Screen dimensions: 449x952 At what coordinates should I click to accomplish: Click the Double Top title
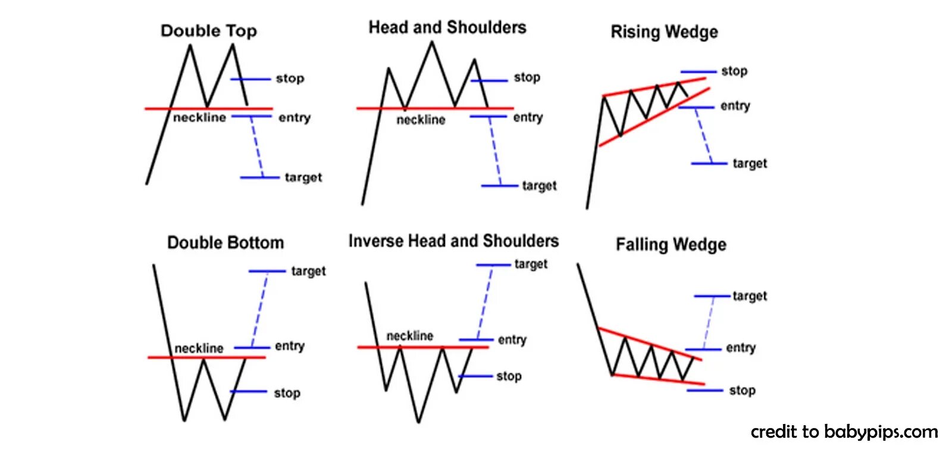(208, 31)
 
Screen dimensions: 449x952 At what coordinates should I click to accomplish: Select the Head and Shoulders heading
(447, 27)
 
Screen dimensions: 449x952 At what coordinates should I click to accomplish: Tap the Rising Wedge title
(664, 32)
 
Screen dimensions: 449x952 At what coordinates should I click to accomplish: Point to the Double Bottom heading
(225, 243)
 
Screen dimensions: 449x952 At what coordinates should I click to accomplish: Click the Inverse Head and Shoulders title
(453, 241)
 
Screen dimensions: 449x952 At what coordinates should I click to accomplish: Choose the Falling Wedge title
(671, 244)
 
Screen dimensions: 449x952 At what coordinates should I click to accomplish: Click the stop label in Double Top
(290, 79)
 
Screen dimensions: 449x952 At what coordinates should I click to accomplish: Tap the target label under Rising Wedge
(750, 163)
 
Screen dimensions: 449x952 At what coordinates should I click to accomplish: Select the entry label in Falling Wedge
(741, 348)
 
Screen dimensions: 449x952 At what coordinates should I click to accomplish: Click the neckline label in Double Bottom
(199, 348)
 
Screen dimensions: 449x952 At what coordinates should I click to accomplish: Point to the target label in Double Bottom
(308, 271)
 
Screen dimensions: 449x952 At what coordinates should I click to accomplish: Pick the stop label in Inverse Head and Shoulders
(509, 376)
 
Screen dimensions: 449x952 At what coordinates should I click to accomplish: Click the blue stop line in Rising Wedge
(699, 71)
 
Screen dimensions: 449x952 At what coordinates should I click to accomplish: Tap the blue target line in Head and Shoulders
(499, 186)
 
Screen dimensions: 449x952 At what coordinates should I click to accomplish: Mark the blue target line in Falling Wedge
(712, 296)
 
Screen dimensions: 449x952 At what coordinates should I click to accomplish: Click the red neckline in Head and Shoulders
(428, 108)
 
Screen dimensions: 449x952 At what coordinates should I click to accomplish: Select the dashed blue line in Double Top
(256, 146)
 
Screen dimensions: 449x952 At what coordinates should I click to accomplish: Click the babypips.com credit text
(844, 431)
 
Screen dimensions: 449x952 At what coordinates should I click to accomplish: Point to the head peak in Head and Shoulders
(432, 43)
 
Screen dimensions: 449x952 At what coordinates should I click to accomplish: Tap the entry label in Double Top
(295, 118)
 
